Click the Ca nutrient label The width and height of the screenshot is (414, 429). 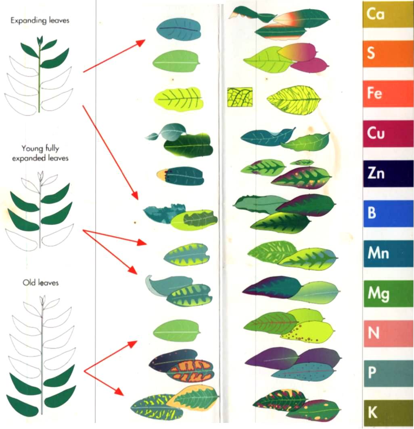point(388,14)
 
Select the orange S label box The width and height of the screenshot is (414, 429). point(388,54)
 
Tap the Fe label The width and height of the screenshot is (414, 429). point(388,93)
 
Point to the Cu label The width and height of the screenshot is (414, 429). point(388,133)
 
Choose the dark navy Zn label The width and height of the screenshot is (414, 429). point(388,174)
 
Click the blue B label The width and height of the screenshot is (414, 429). point(388,213)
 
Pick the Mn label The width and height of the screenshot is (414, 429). point(388,253)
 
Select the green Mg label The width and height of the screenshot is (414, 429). point(388,294)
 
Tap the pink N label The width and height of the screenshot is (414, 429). point(388,334)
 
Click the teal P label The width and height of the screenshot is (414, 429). point(388,373)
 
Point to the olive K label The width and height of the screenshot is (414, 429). point(388,413)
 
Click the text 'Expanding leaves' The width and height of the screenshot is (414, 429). point(40,21)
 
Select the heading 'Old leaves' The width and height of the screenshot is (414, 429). point(40,283)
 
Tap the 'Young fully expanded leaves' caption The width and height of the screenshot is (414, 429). point(40,153)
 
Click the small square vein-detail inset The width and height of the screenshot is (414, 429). point(240,97)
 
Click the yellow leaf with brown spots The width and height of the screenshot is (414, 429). point(309,332)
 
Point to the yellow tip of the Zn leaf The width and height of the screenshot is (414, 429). point(161,174)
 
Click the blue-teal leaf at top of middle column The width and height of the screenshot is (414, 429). point(179,29)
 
